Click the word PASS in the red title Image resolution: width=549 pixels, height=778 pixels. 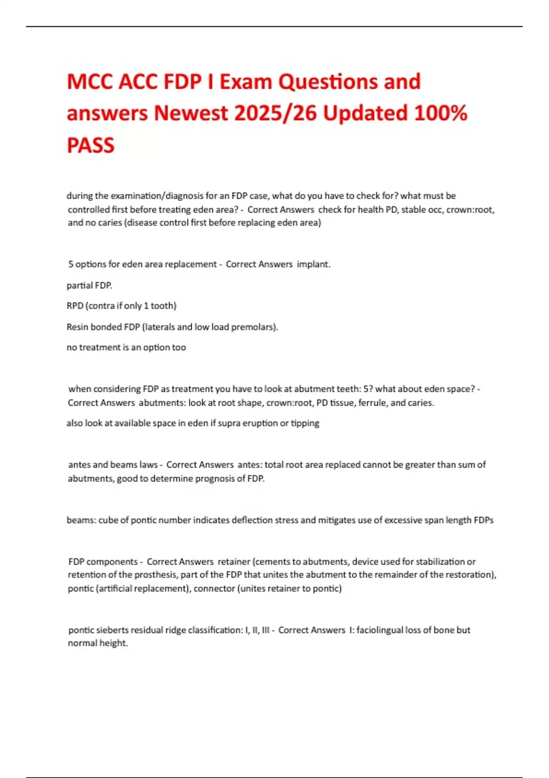tap(91, 146)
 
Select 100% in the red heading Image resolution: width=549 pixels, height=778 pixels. tap(440, 113)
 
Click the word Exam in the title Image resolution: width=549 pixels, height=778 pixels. tap(246, 82)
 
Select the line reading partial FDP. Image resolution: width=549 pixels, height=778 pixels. tap(89, 285)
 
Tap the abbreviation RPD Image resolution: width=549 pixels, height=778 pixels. tap(75, 306)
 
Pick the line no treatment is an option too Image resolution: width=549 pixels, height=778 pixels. tap(126, 347)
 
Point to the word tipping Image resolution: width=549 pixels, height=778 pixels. tap(305, 423)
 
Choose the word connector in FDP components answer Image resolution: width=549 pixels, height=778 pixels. tap(214, 589)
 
